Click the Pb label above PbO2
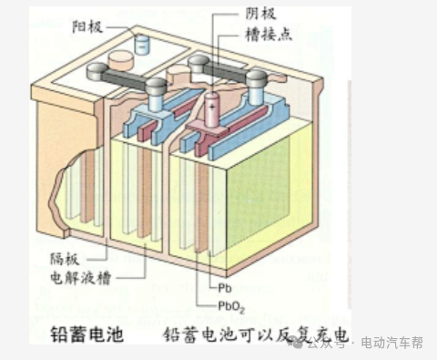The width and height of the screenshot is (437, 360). (224, 262)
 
